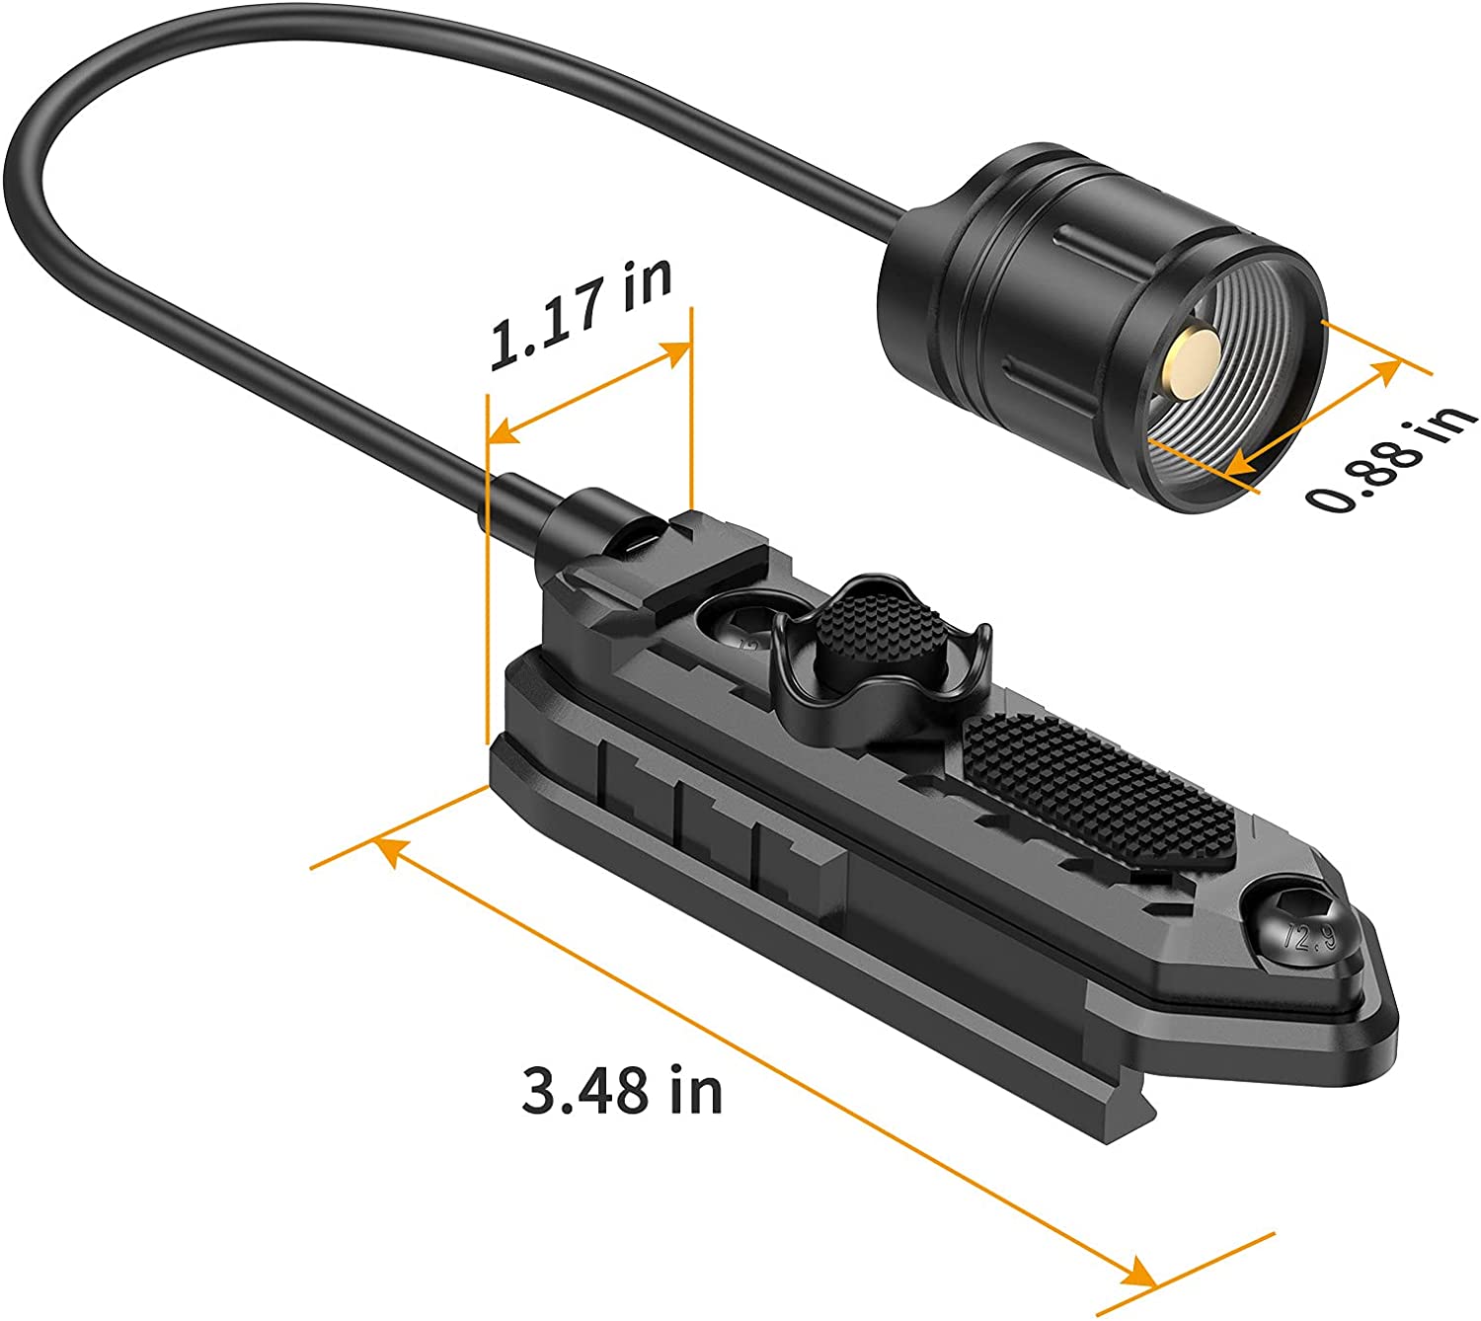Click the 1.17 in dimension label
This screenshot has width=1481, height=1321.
tap(581, 314)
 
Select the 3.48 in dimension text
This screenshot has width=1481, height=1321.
tap(622, 1090)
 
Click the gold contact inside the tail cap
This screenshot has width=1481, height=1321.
tap(1192, 360)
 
